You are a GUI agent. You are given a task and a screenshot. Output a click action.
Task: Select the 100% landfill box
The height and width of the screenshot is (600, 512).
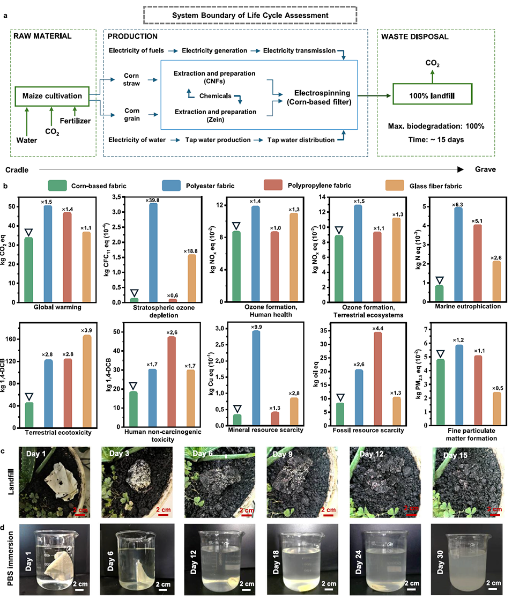[x=434, y=98]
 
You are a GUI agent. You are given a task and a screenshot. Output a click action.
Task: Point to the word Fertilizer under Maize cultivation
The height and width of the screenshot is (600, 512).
[x=75, y=121]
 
